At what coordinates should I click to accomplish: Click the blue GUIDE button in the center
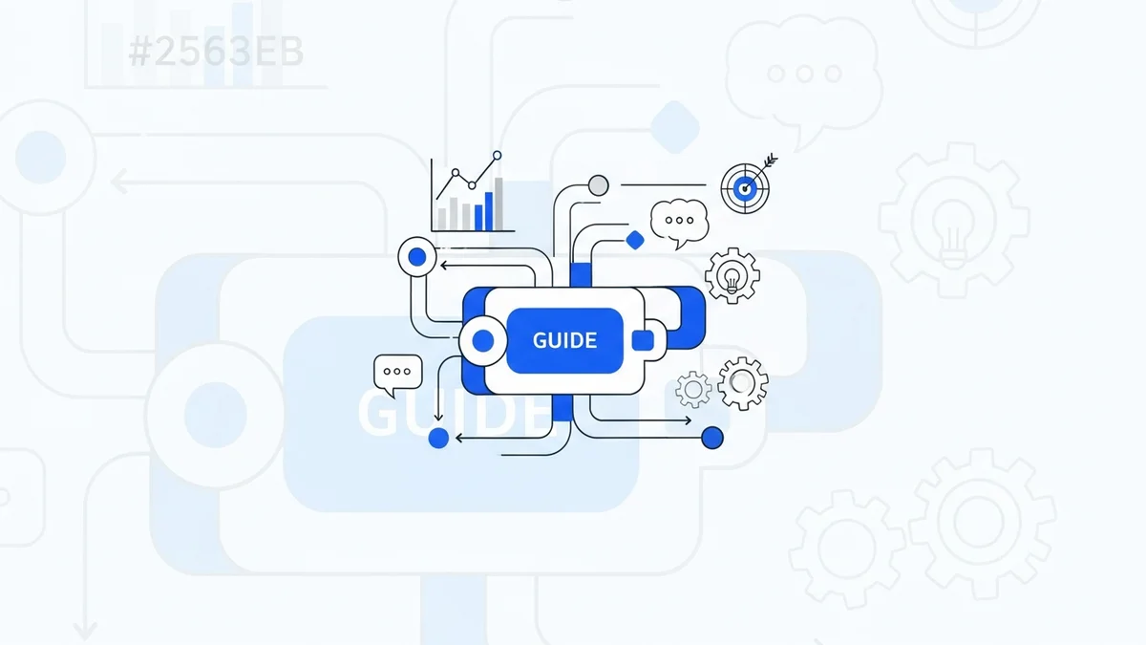point(564,340)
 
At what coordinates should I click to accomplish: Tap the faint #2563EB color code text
point(215,54)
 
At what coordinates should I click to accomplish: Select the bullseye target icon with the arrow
point(745,186)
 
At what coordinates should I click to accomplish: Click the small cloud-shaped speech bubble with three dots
point(679,221)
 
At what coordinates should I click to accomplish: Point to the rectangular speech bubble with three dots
point(397,373)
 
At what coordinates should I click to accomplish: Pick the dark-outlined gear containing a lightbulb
point(732,276)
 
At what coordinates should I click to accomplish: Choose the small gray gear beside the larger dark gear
point(693,389)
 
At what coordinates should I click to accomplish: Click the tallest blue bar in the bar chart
point(490,210)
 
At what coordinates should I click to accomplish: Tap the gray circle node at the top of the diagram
point(598,184)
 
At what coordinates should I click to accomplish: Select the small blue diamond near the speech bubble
point(635,240)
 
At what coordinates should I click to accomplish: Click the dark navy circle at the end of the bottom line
point(711,438)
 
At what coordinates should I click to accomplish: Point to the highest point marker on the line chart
point(497,155)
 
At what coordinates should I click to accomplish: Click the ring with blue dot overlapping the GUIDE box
point(483,340)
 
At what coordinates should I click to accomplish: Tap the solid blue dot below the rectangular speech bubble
point(438,438)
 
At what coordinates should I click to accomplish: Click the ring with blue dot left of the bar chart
point(416,256)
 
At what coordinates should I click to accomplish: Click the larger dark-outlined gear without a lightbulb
point(742,383)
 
